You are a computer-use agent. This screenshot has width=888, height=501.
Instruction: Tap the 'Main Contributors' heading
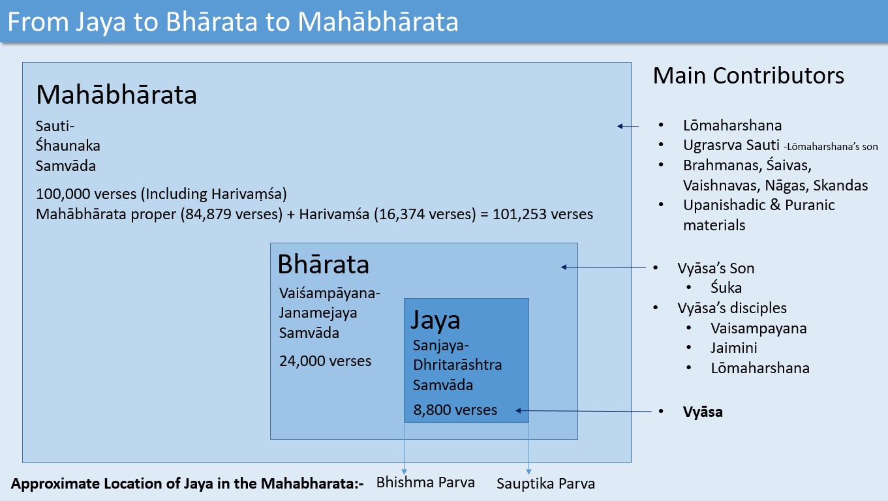pyautogui.click(x=748, y=76)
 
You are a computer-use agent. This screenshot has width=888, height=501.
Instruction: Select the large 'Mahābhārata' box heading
pyautogui.click(x=116, y=95)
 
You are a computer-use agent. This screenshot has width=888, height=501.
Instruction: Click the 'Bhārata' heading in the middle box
pyautogui.click(x=323, y=265)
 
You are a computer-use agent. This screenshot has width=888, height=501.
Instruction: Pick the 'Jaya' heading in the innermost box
pyautogui.click(x=435, y=320)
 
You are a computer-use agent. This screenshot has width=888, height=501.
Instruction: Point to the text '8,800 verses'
pyautogui.click(x=455, y=410)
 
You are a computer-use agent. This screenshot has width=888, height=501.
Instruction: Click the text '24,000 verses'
pyautogui.click(x=325, y=361)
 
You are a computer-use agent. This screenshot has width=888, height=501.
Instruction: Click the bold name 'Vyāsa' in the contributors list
pyautogui.click(x=703, y=412)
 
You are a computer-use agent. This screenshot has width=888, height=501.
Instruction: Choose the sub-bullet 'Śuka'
pyautogui.click(x=726, y=288)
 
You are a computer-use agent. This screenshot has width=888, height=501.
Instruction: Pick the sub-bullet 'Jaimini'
pyautogui.click(x=734, y=348)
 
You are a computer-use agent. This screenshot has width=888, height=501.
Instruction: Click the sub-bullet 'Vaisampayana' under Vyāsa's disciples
pyautogui.click(x=758, y=328)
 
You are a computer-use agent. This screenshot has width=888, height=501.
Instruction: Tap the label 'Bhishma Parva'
pyautogui.click(x=425, y=483)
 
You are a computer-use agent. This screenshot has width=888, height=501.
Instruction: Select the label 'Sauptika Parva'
pyautogui.click(x=545, y=483)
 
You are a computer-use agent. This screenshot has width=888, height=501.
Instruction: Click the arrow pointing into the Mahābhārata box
pyautogui.click(x=628, y=127)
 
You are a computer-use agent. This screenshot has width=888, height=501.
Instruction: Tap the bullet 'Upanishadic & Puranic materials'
pyautogui.click(x=759, y=215)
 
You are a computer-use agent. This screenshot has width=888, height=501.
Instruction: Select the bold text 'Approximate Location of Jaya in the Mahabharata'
pyautogui.click(x=187, y=485)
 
